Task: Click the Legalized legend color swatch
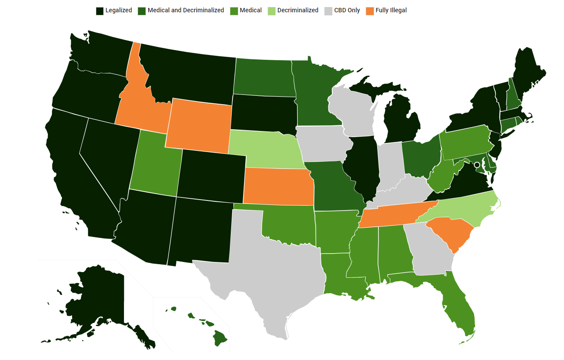click(100, 11)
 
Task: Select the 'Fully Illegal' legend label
click(391, 10)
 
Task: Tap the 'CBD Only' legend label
click(347, 10)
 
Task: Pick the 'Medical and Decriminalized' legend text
click(186, 10)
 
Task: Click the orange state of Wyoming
click(199, 125)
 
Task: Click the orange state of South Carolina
click(449, 233)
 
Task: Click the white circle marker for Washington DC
click(477, 165)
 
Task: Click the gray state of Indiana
click(389, 167)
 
